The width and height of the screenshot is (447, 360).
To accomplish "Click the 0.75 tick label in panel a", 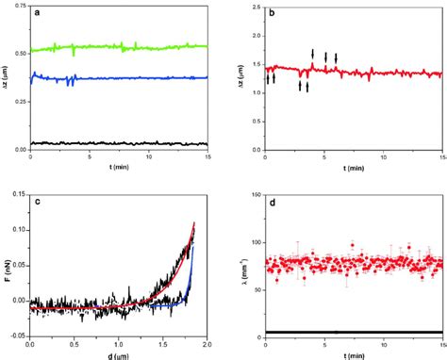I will coord(18,8).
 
